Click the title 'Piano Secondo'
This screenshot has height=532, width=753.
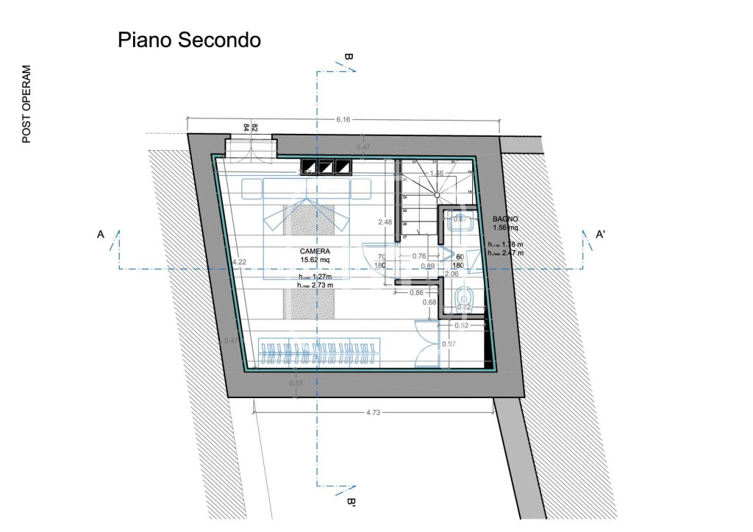tap(189, 40)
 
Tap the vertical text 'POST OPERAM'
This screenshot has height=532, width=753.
tap(26, 104)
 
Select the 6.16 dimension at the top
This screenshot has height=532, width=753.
tap(343, 119)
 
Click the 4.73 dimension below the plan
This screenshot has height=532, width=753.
tap(373, 412)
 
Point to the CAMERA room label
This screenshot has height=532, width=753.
tap(315, 251)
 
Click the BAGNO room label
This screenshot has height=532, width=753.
tap(506, 219)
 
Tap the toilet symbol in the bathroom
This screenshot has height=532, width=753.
tap(464, 298)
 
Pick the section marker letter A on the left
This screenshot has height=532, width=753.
tap(101, 235)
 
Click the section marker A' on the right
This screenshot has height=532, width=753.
tap(600, 235)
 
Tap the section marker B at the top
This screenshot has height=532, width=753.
tap(349, 58)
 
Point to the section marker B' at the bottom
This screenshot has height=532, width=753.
tap(351, 503)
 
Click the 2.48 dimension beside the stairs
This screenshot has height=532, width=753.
tap(384, 221)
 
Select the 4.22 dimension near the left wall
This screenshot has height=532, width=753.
tap(239, 262)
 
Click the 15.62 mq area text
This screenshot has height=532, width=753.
tap(315, 260)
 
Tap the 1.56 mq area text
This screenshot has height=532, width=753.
tap(505, 228)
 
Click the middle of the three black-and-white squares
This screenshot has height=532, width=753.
tap(326, 168)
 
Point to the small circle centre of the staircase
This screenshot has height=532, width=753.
tap(437, 195)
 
